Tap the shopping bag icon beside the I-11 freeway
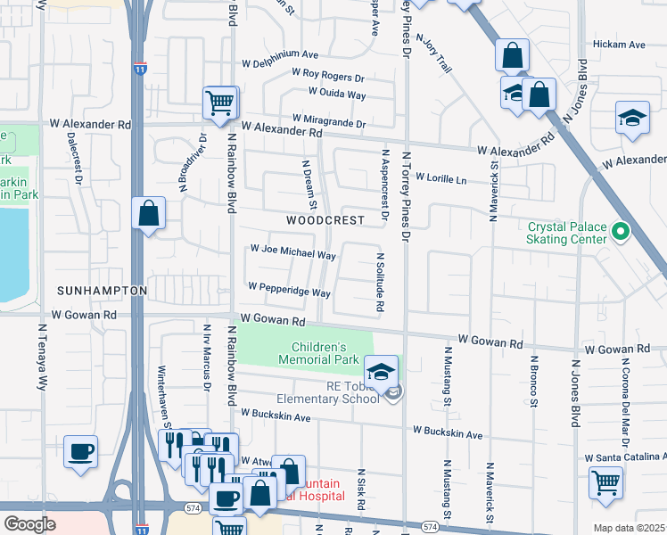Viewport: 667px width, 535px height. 148,214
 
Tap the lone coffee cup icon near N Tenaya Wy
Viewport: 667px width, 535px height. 80,450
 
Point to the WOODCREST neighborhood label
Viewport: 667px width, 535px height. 325,219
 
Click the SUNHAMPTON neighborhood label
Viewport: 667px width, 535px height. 102,291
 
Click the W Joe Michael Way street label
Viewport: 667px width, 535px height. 292,254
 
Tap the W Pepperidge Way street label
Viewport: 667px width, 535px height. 290,291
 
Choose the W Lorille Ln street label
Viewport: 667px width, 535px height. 441,179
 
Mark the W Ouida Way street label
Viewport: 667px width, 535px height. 337,93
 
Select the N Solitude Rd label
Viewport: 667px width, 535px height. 380,282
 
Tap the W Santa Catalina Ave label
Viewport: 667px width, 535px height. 624,457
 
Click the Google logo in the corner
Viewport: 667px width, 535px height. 29,523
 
